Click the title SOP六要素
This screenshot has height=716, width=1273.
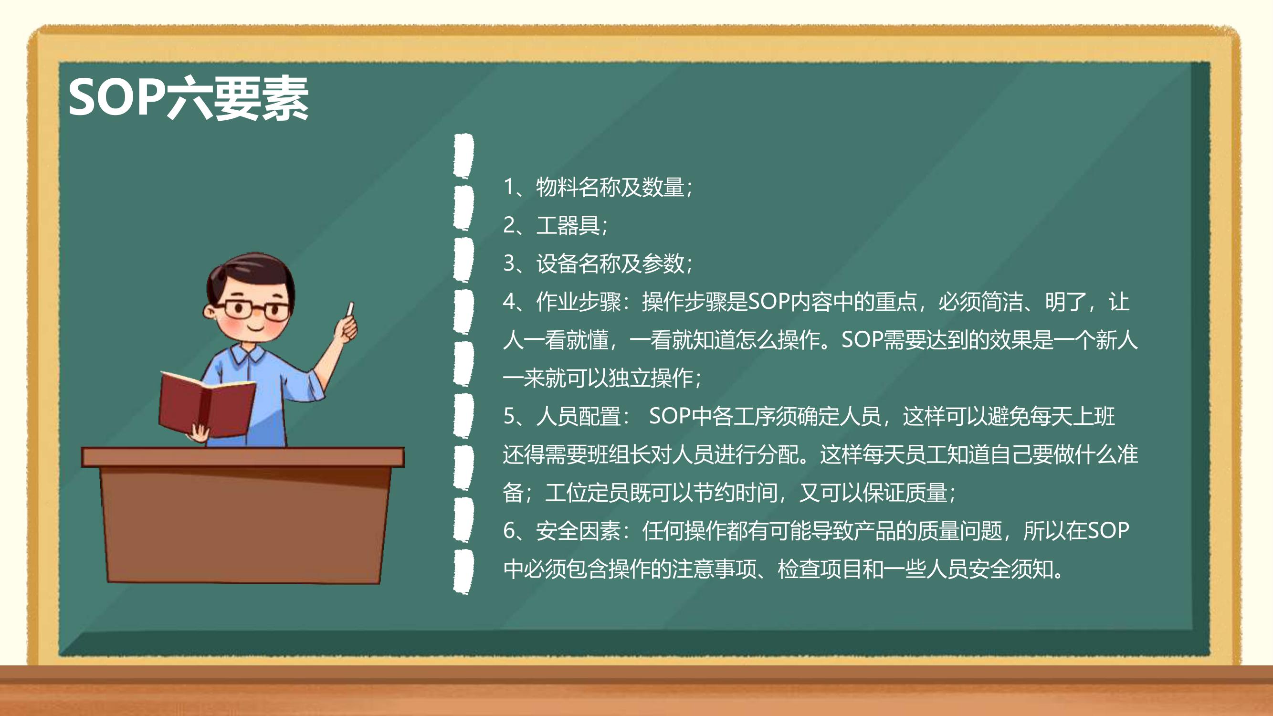point(188,98)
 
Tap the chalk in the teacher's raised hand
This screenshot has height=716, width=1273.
point(350,309)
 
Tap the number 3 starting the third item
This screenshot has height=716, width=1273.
point(509,263)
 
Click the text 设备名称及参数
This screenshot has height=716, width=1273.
point(611,263)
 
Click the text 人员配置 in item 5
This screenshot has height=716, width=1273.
point(579,417)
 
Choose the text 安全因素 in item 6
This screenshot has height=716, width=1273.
point(579,531)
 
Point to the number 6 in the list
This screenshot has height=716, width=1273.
point(509,531)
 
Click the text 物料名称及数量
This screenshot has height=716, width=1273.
point(611,187)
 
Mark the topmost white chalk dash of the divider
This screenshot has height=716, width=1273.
point(463,156)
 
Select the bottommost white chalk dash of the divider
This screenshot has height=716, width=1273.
point(463,572)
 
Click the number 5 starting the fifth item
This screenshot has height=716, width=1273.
point(509,417)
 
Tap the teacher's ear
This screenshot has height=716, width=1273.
point(209,311)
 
